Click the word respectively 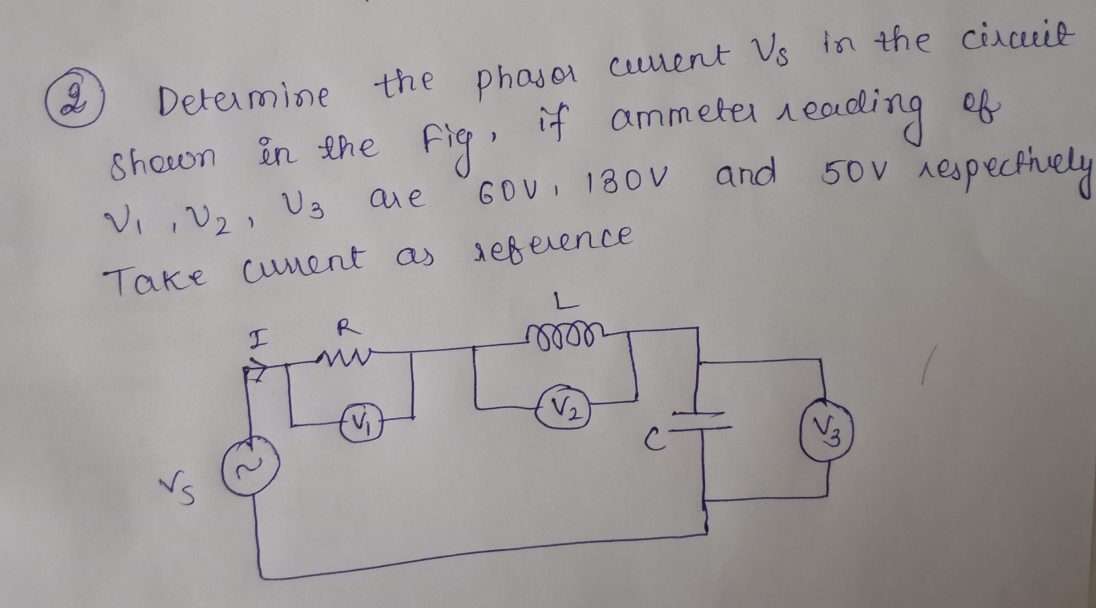pos(1008,168)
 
